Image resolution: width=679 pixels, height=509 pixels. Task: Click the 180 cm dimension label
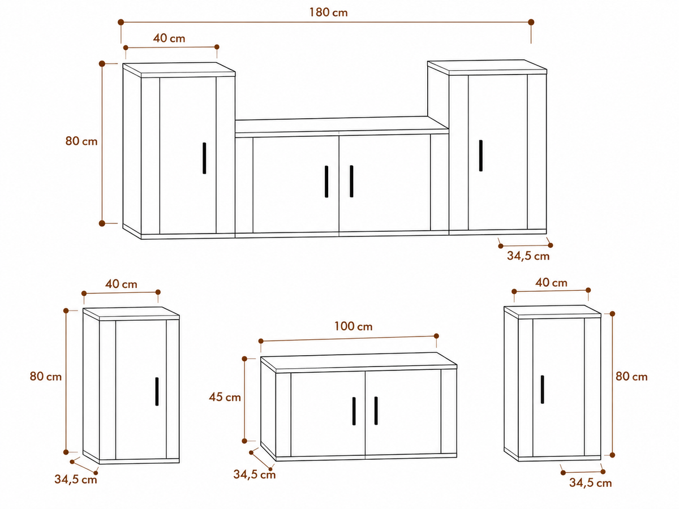pos(329,12)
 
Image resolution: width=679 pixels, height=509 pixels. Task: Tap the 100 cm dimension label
pos(353,326)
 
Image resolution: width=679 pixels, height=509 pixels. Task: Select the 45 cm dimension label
pos(225,397)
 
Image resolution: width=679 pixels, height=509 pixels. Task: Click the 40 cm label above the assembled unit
pos(169,38)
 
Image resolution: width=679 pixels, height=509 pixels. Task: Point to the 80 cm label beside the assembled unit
pos(81,141)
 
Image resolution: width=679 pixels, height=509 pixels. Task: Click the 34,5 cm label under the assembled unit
pos(528,256)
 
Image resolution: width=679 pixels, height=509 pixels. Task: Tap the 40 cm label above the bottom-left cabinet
pos(121,284)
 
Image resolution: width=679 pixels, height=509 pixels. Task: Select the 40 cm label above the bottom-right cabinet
pos(551,282)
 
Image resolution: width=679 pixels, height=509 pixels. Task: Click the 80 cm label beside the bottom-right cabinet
pos(631,377)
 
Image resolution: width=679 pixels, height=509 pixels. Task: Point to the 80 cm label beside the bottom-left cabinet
pos(46,377)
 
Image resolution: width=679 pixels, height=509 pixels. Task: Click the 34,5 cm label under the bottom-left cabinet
pos(76,480)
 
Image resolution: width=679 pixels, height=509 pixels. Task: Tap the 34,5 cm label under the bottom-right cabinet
pos(591,483)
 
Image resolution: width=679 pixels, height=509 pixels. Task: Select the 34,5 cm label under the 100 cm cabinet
pos(255,475)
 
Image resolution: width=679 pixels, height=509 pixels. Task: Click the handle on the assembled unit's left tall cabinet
pos(204,158)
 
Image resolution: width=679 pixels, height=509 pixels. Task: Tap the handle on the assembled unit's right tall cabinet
pos(481,156)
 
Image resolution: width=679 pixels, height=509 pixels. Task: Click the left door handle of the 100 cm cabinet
pos(354,411)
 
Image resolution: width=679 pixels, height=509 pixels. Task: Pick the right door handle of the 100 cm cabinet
pos(376,411)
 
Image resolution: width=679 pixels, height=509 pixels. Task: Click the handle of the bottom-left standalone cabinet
pos(157,391)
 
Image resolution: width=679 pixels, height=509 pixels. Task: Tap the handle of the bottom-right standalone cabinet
pos(542,390)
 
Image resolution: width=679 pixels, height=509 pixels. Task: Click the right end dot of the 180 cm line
pos(531,22)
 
